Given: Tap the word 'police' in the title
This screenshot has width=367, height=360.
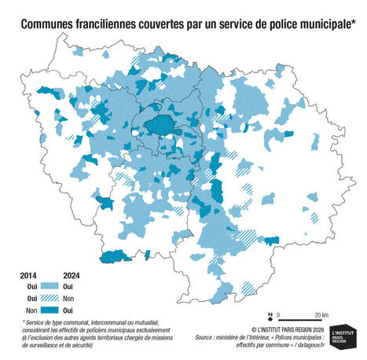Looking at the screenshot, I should [x=271, y=24].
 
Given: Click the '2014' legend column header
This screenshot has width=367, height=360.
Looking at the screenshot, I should [x=29, y=275].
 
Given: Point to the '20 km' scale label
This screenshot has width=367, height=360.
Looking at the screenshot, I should [x=321, y=314].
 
